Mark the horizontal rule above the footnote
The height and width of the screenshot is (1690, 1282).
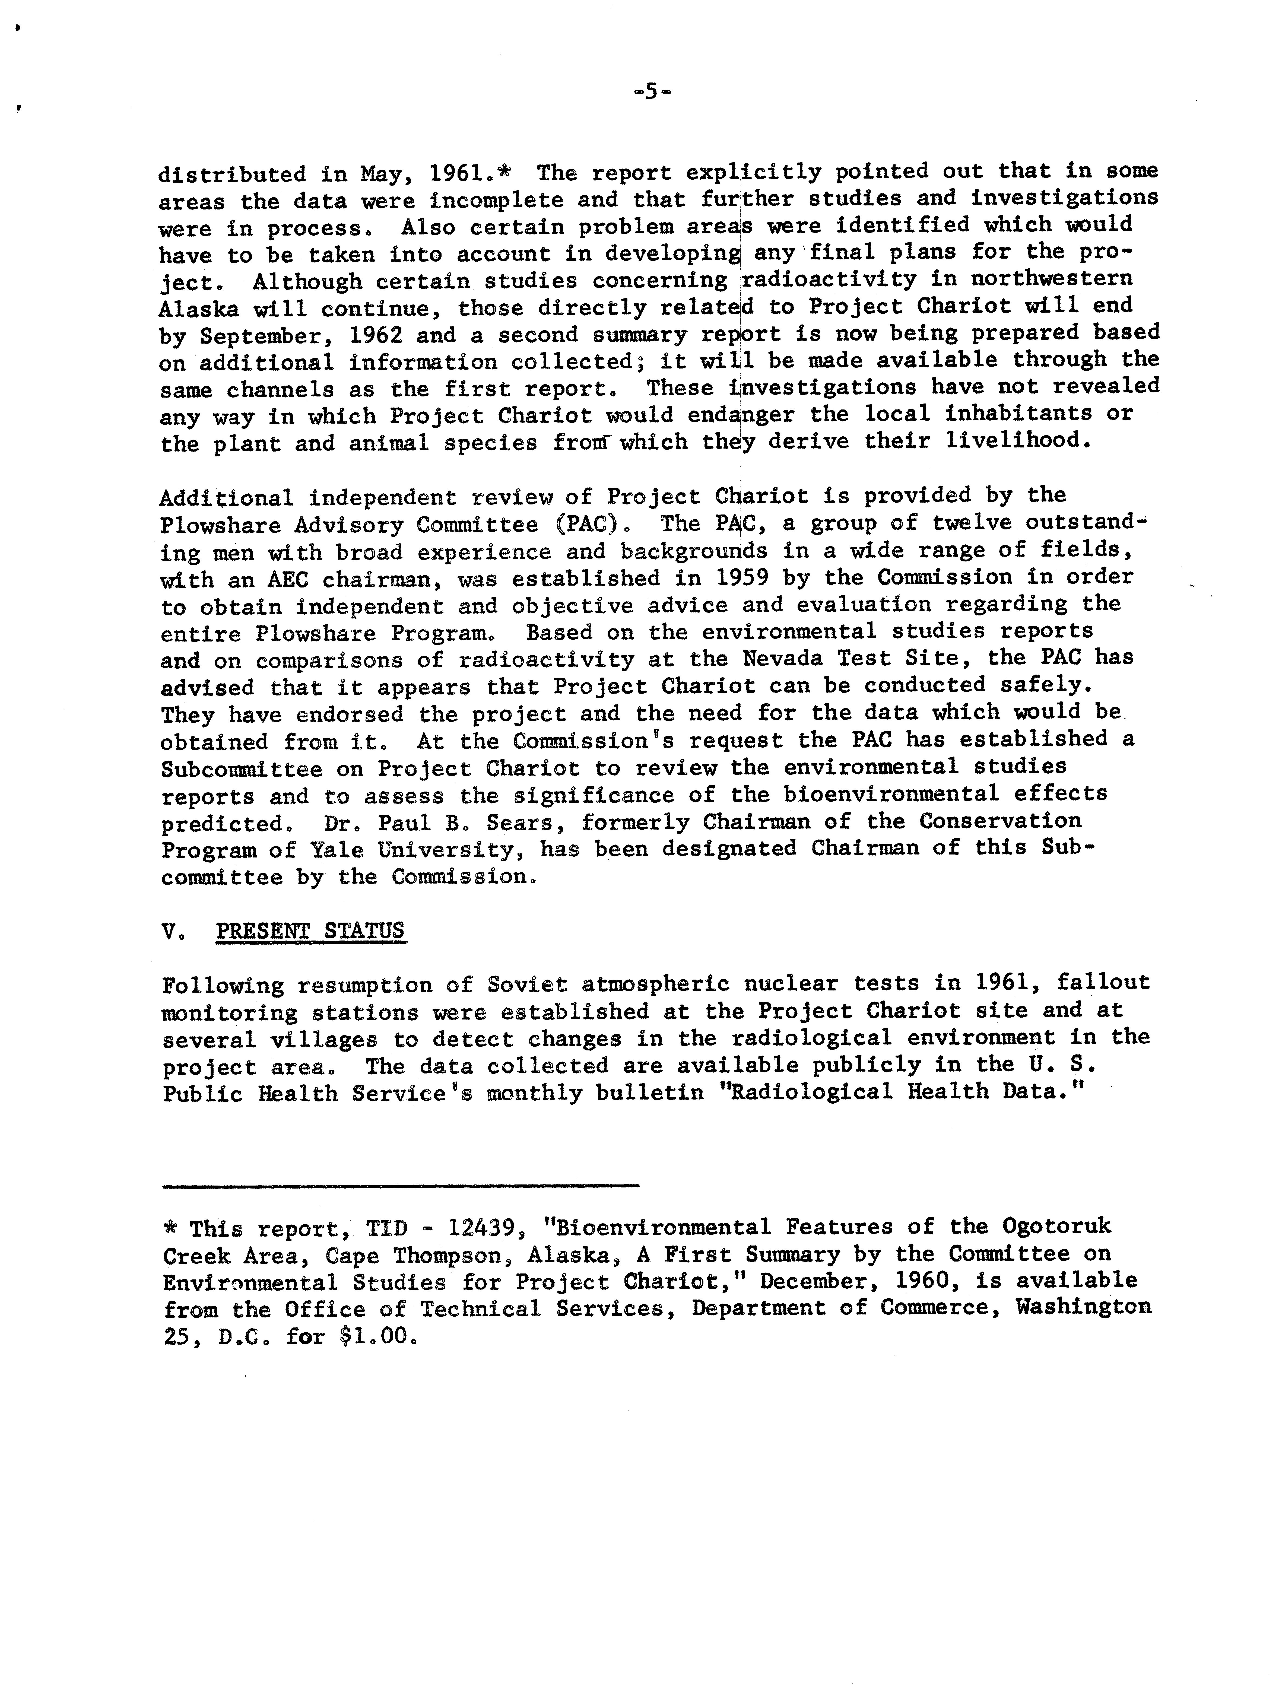click(x=401, y=1186)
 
